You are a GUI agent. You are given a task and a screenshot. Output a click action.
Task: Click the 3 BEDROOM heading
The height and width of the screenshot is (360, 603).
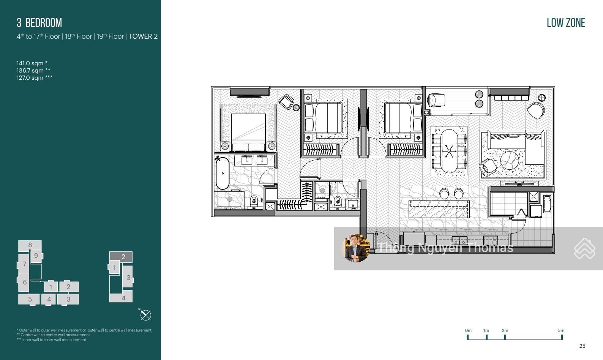[39, 23]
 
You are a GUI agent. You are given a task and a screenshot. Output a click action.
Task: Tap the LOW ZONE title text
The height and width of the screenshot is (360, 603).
[566, 23]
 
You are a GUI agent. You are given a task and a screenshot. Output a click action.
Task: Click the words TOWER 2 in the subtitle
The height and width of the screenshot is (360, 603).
[143, 36]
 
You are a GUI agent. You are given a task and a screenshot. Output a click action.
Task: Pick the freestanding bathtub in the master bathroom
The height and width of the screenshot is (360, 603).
[223, 174]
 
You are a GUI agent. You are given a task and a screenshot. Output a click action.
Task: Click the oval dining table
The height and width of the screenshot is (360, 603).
[449, 151]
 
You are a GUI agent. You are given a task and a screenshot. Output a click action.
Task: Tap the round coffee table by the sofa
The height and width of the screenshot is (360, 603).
[510, 160]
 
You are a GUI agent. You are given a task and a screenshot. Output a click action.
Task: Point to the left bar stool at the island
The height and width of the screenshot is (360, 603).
[444, 193]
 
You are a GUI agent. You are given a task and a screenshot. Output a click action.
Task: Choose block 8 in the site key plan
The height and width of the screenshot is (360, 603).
[30, 245]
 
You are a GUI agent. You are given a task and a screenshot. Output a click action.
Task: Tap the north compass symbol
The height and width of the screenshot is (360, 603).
[146, 315]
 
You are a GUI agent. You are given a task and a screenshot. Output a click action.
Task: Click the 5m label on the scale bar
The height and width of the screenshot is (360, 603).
[561, 330]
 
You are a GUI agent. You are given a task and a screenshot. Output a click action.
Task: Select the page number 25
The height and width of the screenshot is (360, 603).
[582, 346]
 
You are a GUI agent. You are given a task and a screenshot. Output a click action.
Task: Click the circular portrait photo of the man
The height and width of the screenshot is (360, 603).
[356, 248]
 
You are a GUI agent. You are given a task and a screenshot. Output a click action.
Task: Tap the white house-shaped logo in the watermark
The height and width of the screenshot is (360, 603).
[585, 248]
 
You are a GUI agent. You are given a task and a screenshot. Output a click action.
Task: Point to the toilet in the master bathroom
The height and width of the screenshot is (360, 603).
[254, 201]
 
